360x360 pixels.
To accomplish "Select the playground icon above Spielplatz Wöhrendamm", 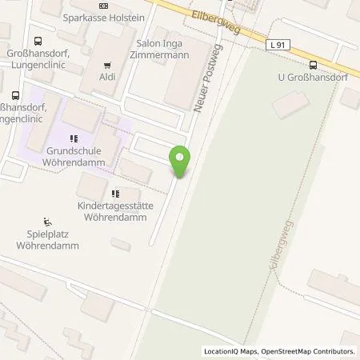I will point(47,222).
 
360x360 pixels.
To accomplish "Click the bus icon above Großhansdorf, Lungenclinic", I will point(37,42).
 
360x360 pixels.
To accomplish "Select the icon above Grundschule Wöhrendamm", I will point(78,134).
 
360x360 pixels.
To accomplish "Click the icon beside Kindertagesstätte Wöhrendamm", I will point(116,193).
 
